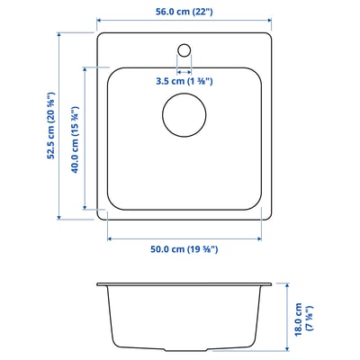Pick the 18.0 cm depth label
[305, 319]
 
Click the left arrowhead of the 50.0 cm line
[110, 238]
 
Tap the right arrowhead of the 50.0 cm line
[259, 238]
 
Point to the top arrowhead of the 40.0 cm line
[87, 68]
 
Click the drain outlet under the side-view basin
[184, 350]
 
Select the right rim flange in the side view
[265, 286]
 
